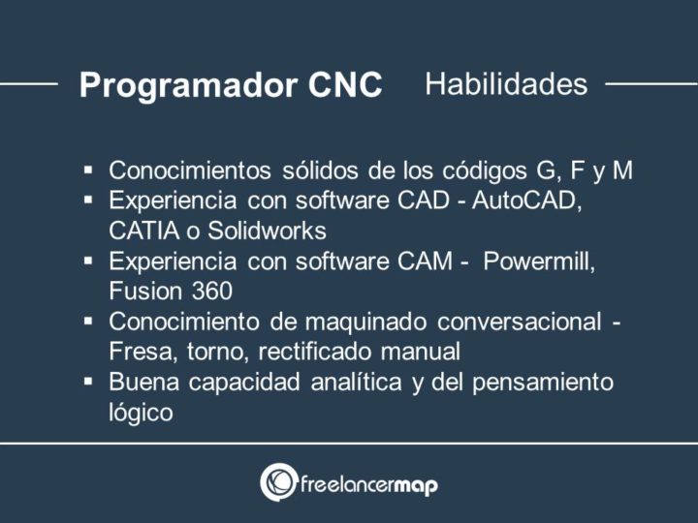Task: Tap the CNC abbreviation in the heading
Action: click(x=345, y=85)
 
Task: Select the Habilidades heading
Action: click(x=506, y=84)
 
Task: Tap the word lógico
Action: click(x=142, y=412)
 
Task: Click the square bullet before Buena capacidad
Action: click(x=88, y=382)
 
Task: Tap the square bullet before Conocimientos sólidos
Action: click(x=88, y=171)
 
